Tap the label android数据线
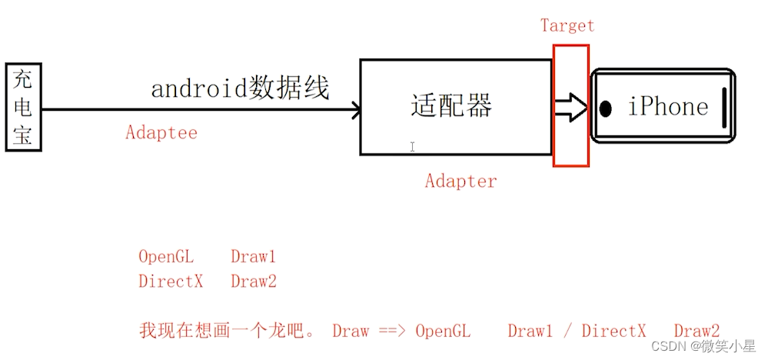240,89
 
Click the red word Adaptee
161,132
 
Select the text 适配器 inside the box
451,105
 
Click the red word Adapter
461,182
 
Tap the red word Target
567,25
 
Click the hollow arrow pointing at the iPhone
570,108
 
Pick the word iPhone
667,106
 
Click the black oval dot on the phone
606,109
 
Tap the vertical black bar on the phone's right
724,108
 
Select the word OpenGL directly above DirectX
166,257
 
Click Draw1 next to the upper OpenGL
253,257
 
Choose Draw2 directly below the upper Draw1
253,282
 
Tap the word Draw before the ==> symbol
351,332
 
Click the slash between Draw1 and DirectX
567,332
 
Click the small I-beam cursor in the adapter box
413,146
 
